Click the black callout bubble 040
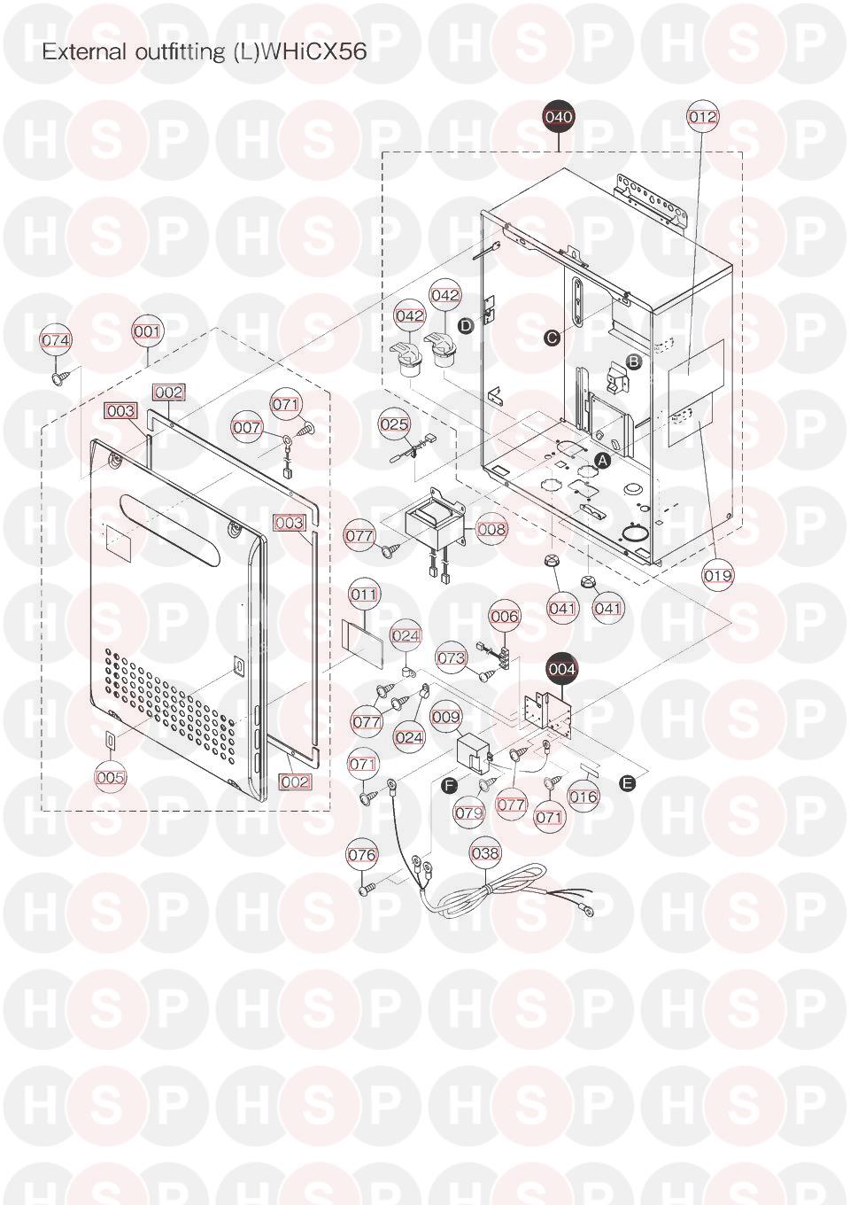pos(559,116)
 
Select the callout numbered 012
pos(703,116)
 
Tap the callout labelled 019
pos(718,576)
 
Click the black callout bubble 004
pos(562,669)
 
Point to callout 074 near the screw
pos(56,340)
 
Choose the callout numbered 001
pos(147,331)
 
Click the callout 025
pos(394,424)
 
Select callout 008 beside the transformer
pos(491,529)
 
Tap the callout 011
pos(364,595)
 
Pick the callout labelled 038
pos(485,852)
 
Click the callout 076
pos(362,854)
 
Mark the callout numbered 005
pos(110,777)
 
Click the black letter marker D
pos(466,325)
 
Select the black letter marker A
pos(603,460)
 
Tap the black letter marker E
pos(627,783)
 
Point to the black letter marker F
pos(448,786)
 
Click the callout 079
pos(468,812)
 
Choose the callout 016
pos(583,797)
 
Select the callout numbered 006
pos(505,616)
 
